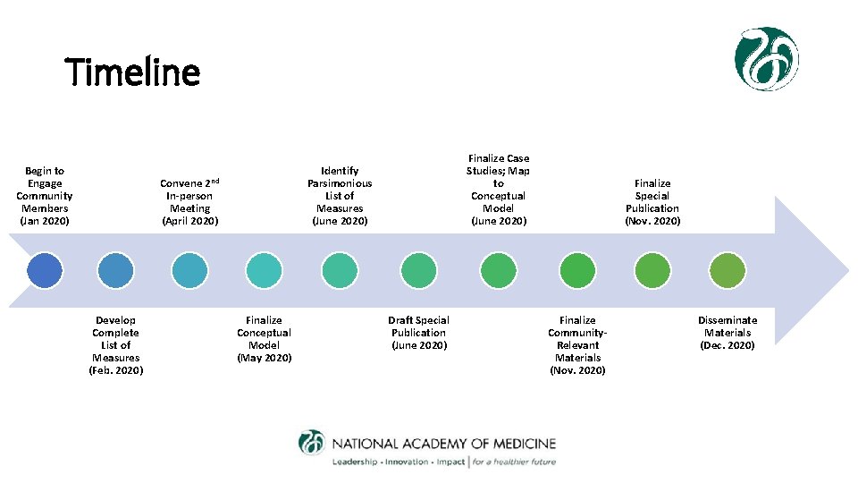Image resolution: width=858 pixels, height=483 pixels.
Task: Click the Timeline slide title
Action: (133, 72)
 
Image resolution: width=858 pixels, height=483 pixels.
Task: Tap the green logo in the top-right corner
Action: (766, 59)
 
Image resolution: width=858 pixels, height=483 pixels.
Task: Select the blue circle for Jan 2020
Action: (45, 270)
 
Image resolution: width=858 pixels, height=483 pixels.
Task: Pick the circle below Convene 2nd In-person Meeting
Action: (189, 270)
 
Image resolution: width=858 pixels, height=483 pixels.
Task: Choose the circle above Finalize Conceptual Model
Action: (264, 270)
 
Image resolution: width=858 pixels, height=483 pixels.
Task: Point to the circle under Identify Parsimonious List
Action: (340, 270)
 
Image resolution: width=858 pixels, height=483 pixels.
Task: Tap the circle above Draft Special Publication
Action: (418, 270)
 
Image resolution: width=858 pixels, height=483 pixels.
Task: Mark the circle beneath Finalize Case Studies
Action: (498, 270)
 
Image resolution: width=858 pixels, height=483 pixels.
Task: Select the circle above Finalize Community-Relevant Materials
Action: (577, 270)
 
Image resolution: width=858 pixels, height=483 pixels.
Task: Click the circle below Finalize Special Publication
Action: (652, 270)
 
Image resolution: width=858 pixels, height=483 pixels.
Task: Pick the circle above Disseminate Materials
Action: (728, 270)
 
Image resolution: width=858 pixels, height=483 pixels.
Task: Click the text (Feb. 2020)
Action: (115, 370)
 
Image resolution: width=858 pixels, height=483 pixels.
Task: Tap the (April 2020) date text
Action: (189, 221)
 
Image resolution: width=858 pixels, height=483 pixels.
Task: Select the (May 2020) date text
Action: (264, 358)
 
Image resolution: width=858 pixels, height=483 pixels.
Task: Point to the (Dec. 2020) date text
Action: (728, 345)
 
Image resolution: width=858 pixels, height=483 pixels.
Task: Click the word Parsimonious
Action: (340, 183)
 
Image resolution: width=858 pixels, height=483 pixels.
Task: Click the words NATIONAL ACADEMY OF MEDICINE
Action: (443, 444)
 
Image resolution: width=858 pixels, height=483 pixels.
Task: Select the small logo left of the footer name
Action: (312, 443)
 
